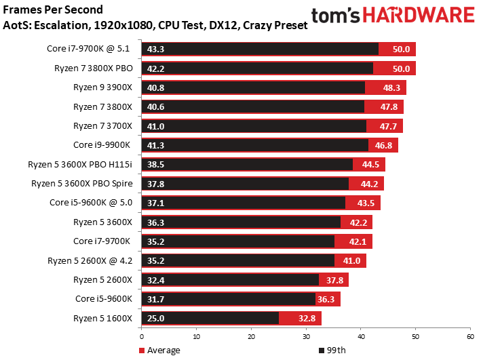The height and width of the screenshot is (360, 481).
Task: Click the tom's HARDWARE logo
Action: (392, 16)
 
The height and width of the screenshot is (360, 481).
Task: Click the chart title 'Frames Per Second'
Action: (54, 9)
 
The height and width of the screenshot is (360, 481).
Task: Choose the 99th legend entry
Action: (333, 351)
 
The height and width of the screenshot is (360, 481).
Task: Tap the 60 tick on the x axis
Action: (469, 336)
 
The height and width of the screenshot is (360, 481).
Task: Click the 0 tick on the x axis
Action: (141, 336)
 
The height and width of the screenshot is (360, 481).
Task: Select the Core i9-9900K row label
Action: (104, 145)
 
